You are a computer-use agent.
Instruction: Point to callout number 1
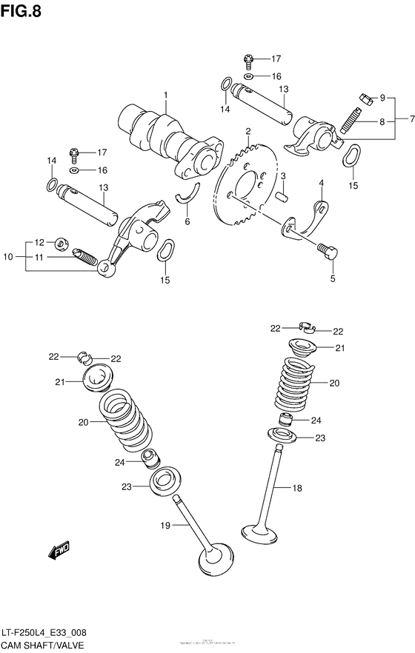click(166, 95)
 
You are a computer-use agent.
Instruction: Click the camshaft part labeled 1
click(167, 137)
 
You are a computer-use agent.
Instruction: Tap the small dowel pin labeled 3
click(281, 196)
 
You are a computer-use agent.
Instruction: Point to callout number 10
click(8, 257)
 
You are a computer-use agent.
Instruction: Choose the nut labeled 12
click(62, 242)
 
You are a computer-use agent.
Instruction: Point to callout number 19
click(165, 525)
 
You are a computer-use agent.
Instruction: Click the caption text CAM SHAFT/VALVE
click(41, 646)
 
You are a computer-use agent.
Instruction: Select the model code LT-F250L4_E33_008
click(49, 634)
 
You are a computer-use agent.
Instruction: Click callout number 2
click(248, 131)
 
